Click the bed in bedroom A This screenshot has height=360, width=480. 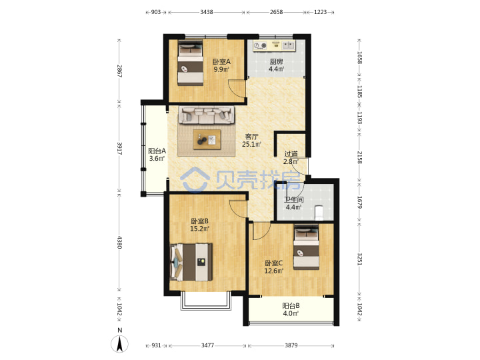190,63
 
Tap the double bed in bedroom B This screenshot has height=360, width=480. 191,262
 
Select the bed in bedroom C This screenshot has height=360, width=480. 306,247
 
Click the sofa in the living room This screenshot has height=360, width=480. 207,115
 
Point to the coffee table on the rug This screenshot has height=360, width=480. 207,139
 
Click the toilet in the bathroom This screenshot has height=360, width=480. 319,213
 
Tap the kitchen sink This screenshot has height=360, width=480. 288,45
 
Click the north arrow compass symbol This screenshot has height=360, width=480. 120,343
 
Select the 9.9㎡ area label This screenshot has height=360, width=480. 221,69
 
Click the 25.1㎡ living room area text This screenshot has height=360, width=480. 251,144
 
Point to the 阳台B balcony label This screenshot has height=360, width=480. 291,305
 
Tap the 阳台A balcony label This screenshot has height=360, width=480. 157,151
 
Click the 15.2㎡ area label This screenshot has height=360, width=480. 199,229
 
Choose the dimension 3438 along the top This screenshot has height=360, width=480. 207,12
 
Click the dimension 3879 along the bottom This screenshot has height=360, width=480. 291,345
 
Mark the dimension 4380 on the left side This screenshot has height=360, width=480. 119,242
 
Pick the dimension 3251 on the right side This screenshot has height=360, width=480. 360,259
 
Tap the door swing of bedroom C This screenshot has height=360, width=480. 261,231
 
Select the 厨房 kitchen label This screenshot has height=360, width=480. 276,61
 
